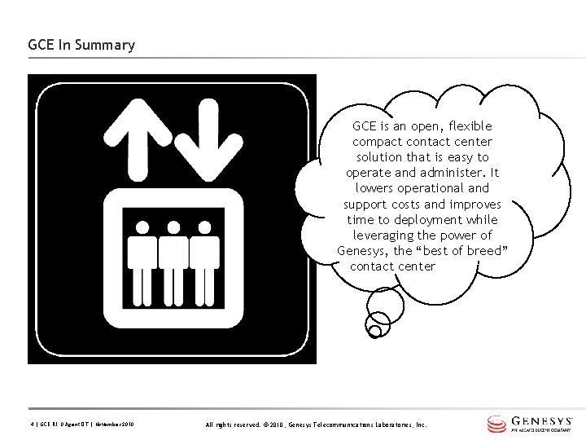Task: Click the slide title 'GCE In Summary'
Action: pos(81,45)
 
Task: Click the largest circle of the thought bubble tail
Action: pos(385,306)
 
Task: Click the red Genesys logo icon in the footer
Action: pos(496,424)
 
